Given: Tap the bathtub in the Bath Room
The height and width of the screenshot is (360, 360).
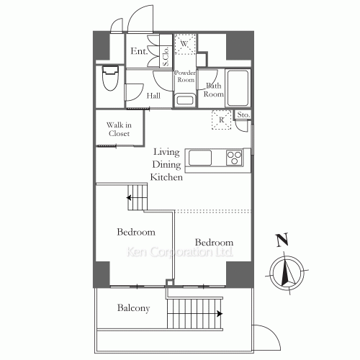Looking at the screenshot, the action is point(238,88).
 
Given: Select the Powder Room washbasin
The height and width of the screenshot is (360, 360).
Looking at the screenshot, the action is point(185,100).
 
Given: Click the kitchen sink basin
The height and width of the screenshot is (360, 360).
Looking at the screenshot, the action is point(200,158).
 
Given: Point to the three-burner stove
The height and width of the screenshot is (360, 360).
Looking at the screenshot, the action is point(234,158).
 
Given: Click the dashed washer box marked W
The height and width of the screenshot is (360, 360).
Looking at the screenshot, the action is point(185,44).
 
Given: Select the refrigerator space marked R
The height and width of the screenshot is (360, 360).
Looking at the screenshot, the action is point(221,120).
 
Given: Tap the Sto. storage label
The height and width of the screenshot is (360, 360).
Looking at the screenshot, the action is point(243,114).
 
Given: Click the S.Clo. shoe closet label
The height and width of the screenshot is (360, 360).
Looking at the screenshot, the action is point(166,56).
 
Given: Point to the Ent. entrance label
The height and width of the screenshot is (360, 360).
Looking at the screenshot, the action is point(139,51).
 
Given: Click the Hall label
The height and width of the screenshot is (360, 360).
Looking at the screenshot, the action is point(153,96).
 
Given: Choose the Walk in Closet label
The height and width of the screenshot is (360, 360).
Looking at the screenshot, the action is point(119,129).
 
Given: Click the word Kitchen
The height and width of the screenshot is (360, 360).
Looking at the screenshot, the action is point(166,177).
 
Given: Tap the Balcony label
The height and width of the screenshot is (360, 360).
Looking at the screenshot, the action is point(133,308).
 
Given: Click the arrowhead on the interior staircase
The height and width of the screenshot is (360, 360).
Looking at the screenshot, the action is point(129,198).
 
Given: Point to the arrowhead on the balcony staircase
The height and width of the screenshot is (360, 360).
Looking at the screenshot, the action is point(220,314).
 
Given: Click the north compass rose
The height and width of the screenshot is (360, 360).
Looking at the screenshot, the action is point(287,273).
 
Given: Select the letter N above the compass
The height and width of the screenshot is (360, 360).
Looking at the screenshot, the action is point(282,240).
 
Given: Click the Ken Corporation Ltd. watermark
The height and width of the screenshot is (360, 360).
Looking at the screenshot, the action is point(179,252).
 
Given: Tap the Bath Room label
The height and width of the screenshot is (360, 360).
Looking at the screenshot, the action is point(214,90).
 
